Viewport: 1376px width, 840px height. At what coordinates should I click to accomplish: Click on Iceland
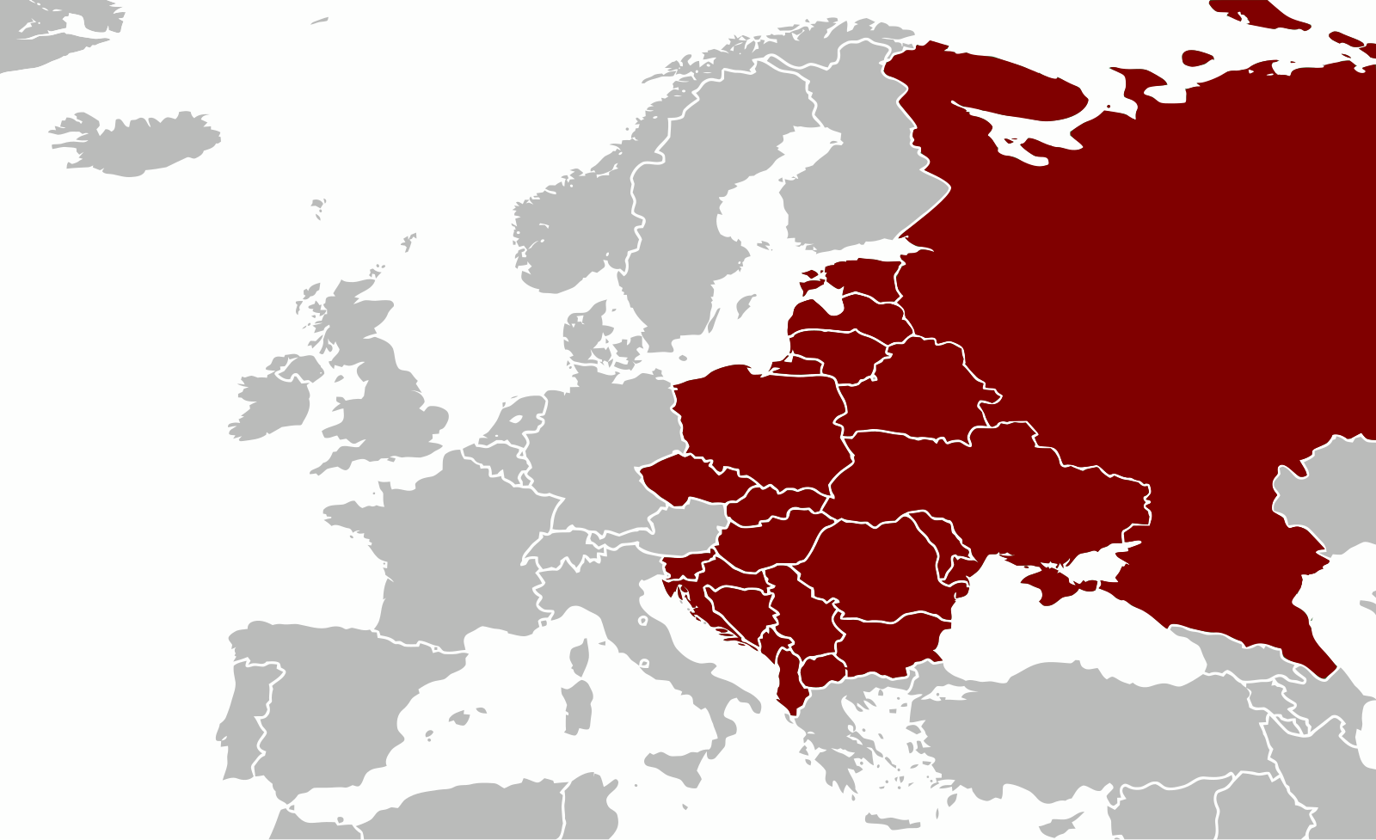coord(138,143)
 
